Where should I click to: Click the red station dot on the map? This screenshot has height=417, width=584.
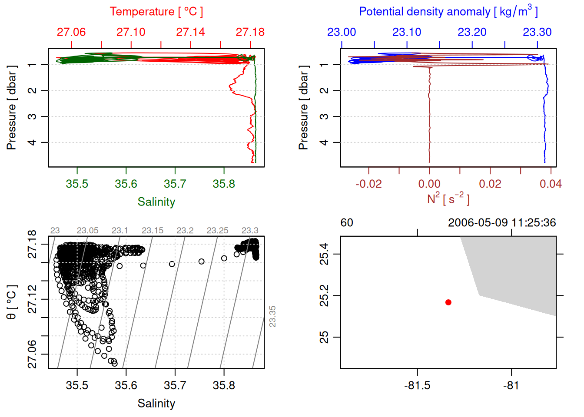pos(448,302)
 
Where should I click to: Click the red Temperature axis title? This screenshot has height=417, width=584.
pos(156,12)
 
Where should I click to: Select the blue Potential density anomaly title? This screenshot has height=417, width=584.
pos(448,12)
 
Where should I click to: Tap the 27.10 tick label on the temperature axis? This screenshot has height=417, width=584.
pos(131,32)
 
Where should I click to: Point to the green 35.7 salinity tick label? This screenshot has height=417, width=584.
pos(175,184)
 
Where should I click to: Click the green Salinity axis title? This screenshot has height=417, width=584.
pos(156,202)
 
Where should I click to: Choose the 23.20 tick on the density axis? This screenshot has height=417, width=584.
pos(472,32)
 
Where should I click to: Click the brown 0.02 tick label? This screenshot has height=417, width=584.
pos(490,184)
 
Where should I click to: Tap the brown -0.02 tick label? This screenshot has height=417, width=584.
pos(368,184)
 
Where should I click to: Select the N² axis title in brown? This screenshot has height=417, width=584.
pos(448,199)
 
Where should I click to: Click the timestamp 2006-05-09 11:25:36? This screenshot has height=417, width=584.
pos(502,223)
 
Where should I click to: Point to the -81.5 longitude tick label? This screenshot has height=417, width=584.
pos(417,386)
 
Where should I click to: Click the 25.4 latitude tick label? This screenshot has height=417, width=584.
pos(324,254)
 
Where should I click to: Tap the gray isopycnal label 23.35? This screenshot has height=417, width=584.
pos(272,316)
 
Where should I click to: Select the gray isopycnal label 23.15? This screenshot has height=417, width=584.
pos(153,231)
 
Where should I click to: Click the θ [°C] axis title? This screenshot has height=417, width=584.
pos(12,302)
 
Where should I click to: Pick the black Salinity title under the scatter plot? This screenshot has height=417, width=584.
pos(156,404)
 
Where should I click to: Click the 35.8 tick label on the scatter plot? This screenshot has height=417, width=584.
pos(224,386)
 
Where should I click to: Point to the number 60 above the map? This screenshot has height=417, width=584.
pos(347,223)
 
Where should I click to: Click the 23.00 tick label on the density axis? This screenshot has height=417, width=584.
pos(342,32)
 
